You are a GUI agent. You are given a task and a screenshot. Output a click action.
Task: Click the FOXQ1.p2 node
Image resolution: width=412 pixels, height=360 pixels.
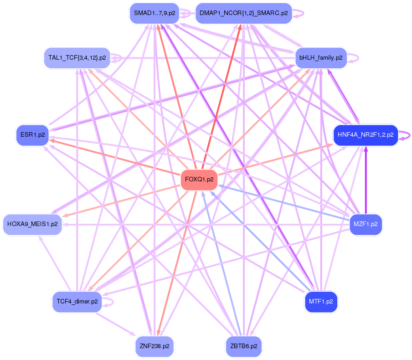(199, 180)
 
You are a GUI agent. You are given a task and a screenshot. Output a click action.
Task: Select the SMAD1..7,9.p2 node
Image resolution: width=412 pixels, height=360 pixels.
(154, 13)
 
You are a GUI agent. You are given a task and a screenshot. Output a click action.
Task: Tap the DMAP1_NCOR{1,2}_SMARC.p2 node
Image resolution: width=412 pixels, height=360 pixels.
(243, 13)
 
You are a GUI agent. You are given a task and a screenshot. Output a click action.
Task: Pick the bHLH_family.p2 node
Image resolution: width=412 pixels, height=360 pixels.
(321, 58)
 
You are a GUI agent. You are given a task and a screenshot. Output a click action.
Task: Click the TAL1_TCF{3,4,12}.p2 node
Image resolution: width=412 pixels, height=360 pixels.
(77, 58)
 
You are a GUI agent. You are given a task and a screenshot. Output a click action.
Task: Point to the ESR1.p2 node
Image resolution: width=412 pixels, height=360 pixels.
(32, 135)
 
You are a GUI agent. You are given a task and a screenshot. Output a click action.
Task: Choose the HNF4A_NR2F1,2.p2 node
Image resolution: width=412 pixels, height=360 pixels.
(366, 135)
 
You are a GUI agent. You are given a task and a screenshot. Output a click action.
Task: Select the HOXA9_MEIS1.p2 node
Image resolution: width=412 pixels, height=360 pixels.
(32, 224)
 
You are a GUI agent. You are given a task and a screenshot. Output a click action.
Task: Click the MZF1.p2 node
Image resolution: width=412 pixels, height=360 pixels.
(366, 224)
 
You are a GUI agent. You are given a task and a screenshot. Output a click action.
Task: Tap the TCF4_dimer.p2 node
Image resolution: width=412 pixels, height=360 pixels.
(77, 301)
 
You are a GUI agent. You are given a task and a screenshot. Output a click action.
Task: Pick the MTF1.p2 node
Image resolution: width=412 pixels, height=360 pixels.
(321, 301)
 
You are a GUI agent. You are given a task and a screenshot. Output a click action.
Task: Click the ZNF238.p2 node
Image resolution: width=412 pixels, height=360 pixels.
(154, 346)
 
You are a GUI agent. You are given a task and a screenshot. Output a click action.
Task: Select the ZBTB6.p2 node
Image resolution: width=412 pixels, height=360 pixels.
(243, 346)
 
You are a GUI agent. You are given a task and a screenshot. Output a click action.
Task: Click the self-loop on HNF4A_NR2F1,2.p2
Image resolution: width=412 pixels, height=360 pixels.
(407, 135)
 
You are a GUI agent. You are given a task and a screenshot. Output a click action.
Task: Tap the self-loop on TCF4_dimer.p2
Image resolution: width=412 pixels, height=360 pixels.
(111, 301)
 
